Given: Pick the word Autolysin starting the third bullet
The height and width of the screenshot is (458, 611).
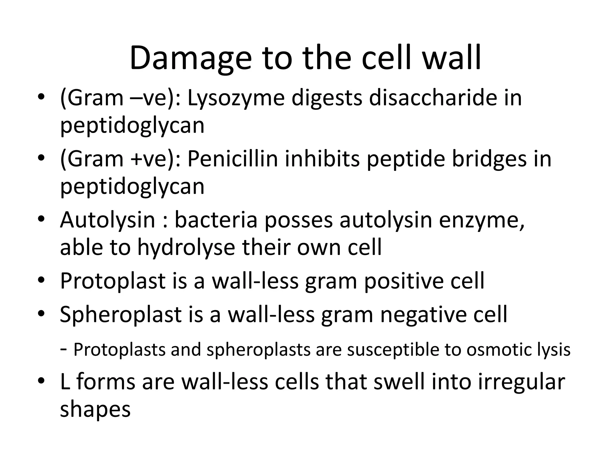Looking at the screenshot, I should click(108, 220).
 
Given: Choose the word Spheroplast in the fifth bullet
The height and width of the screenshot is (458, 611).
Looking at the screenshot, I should click(121, 314).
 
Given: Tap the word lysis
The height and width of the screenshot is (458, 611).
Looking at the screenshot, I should click(554, 350).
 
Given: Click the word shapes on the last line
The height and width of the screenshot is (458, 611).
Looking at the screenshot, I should click(95, 409).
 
